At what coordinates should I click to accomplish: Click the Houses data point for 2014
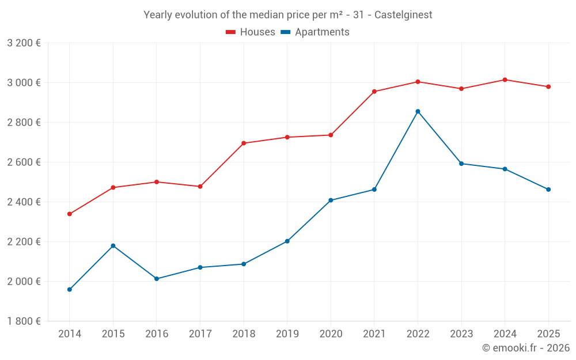pos(70,214)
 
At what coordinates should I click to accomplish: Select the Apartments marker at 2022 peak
pos(418,111)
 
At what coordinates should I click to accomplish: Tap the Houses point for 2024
pos(505,79)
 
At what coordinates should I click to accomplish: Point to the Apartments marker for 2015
pos(113,246)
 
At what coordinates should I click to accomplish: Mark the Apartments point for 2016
pos(157,279)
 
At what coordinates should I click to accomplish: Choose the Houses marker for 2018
pos(244,143)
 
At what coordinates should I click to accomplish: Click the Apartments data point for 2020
pos(331,200)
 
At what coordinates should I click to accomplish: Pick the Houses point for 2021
pos(374,92)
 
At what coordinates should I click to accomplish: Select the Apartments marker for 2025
pos(548,190)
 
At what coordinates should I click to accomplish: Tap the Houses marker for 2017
pos(200,187)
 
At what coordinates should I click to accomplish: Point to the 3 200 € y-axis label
pos(24,43)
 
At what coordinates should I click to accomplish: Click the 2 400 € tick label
pos(24,202)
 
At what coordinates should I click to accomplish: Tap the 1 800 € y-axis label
pos(24,321)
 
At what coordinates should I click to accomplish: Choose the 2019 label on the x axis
pos(287,334)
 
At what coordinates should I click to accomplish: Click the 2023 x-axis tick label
pos(461,334)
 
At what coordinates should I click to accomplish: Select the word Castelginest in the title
pos(403,15)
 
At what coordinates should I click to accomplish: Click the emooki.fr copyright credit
pos(526,348)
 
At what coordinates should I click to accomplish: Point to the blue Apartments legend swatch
pos(286,32)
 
